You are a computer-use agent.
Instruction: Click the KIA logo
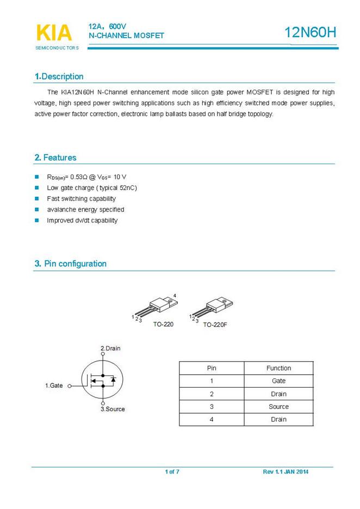point(54,34)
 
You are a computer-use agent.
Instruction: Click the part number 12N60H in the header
point(311,33)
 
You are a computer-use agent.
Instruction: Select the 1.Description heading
point(59,77)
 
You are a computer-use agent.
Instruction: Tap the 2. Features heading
point(55,158)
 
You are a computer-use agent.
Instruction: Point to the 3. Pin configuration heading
point(71,264)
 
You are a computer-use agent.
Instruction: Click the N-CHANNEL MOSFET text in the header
point(126,36)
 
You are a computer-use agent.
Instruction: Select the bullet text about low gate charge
point(92,188)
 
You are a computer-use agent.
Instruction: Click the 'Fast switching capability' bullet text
point(82,198)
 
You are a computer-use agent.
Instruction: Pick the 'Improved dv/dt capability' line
point(82,220)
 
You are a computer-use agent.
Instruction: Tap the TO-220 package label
point(163,324)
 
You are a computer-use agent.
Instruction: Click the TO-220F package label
point(215,325)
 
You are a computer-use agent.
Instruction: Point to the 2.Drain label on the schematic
point(110,348)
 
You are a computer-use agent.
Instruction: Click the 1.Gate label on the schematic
point(54,386)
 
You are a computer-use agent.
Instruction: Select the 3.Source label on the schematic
point(113,409)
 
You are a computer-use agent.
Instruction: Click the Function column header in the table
point(278,368)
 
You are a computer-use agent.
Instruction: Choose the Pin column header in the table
point(212,368)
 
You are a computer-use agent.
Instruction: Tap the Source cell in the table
point(278,407)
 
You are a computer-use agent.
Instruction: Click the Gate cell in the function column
point(278,381)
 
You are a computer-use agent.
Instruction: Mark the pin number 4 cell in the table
point(212,419)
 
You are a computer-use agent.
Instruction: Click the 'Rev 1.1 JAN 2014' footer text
point(285,471)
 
